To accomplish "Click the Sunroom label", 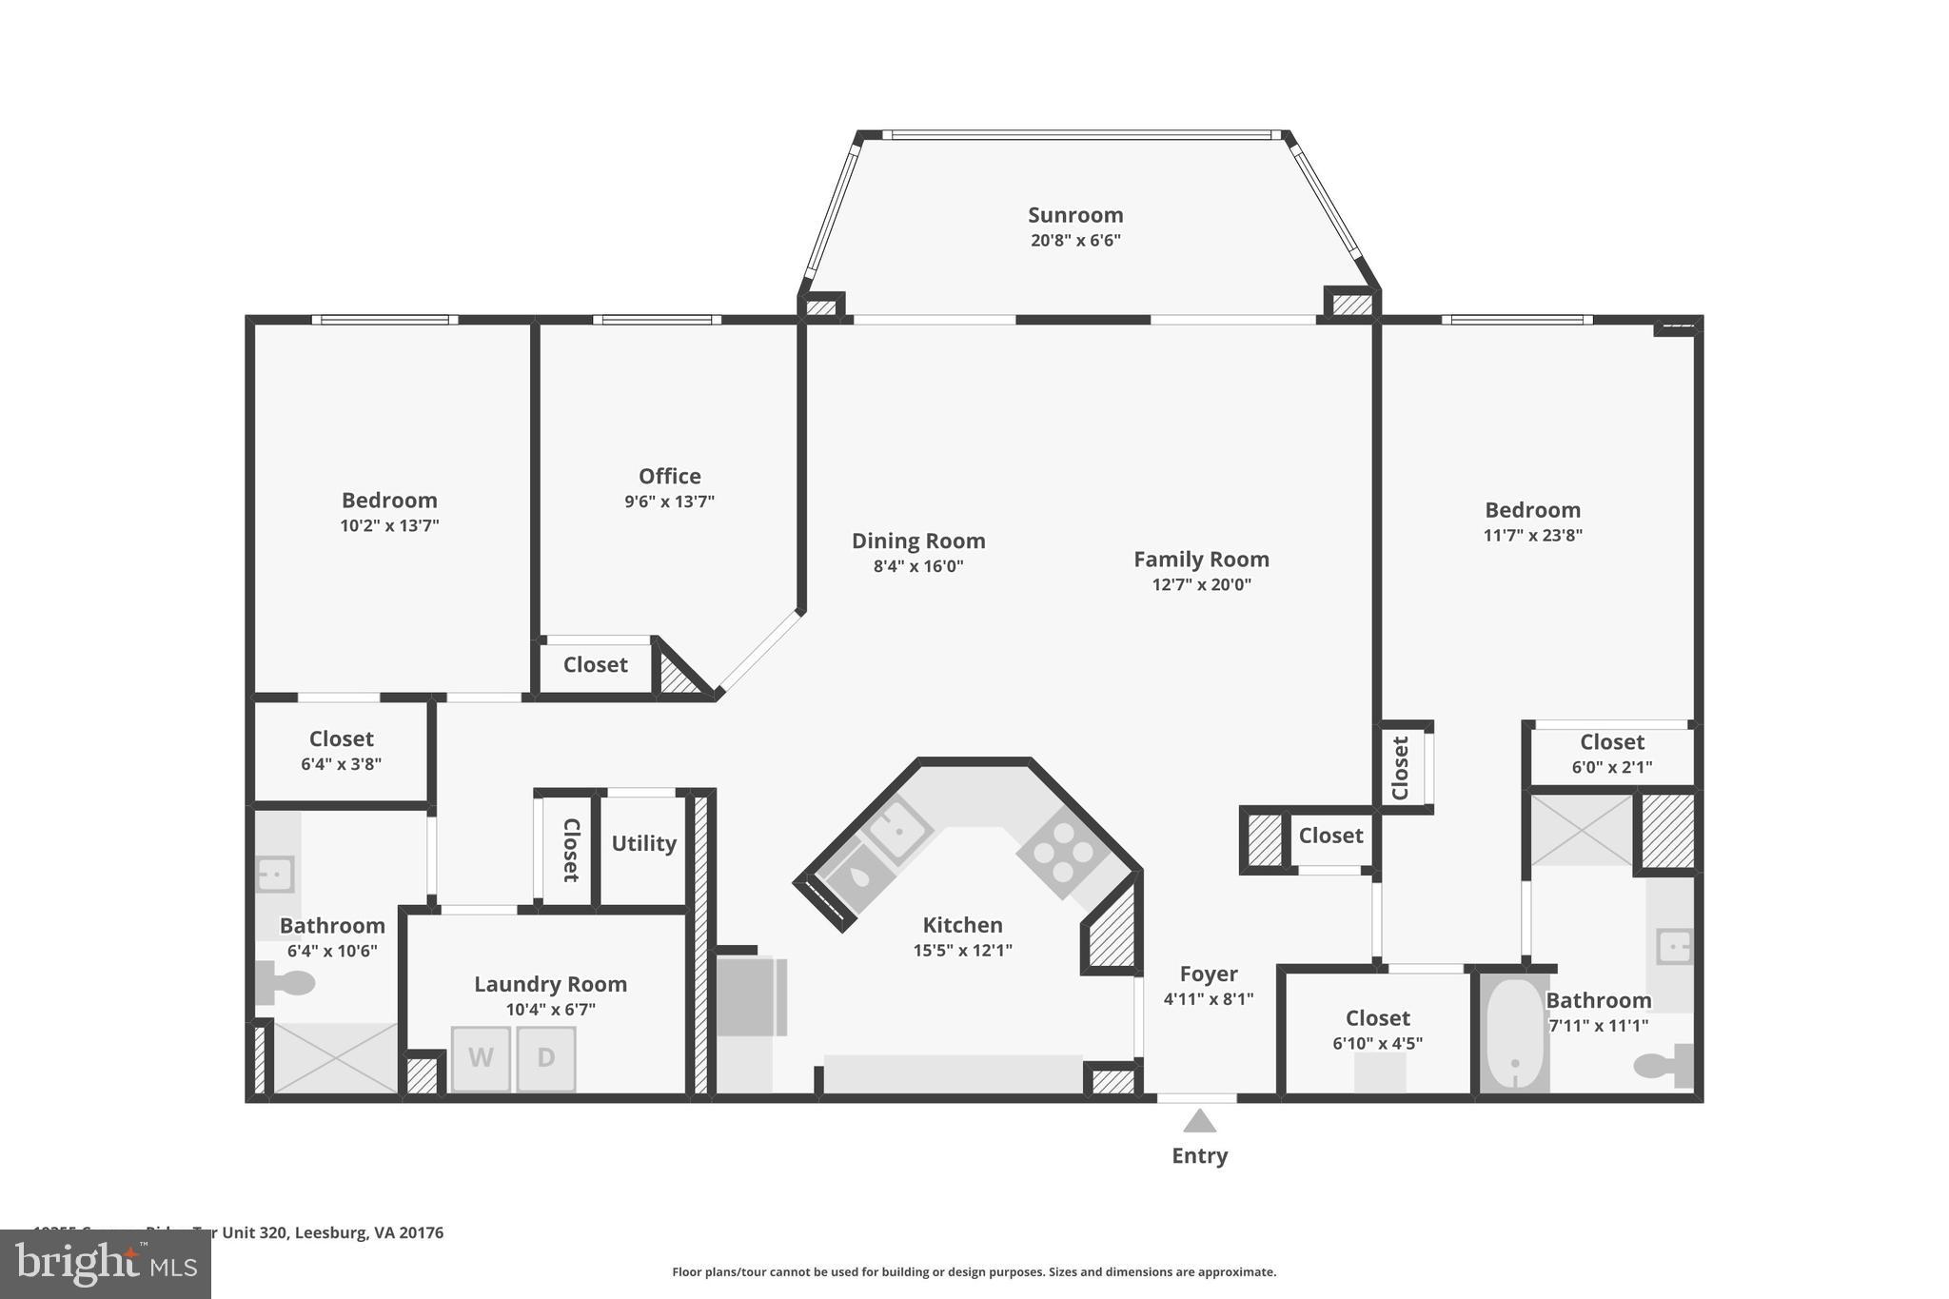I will (x=1075, y=215).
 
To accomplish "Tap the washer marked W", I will (x=481, y=1058).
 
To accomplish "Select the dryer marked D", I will (x=546, y=1058).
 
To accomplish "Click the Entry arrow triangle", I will (x=1199, y=1122).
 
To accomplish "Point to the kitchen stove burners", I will (x=1062, y=851).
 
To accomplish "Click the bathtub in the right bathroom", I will (x=1514, y=1033).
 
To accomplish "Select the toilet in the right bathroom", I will (x=1665, y=1065).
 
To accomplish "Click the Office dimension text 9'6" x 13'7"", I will (x=669, y=502).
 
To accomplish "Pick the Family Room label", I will (x=1201, y=560).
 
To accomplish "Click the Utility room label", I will (x=643, y=843).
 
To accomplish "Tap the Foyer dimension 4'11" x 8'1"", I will (x=1208, y=999).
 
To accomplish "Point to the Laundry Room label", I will (x=550, y=984).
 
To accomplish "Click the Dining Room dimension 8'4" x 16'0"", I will (x=918, y=566).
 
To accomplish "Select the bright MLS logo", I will (x=106, y=1264).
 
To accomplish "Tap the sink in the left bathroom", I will (x=275, y=874).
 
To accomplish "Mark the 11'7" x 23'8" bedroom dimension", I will (x=1532, y=535).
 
